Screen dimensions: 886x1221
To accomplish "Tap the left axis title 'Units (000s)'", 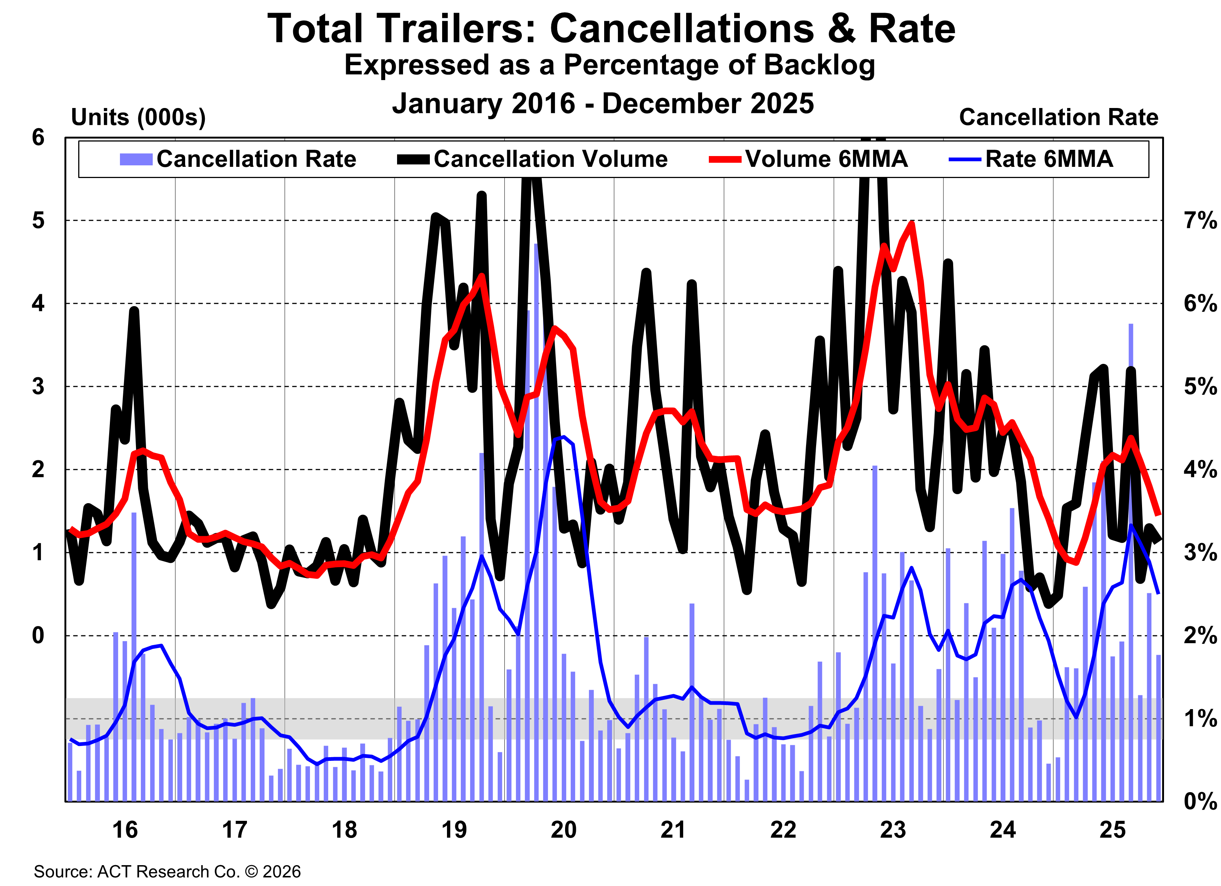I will pyautogui.click(x=138, y=117).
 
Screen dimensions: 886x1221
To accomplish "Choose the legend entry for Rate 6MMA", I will pyautogui.click(x=1048, y=159).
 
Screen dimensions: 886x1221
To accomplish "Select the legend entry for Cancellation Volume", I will pyautogui.click(x=550, y=159).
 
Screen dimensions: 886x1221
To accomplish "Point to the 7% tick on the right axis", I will pyautogui.click(x=1199, y=221).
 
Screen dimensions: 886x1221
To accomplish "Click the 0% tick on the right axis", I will pyautogui.click(x=1199, y=801).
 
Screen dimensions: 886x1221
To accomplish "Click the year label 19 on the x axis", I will pyautogui.click(x=454, y=829).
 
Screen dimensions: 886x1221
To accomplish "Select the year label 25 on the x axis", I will pyautogui.click(x=1112, y=829).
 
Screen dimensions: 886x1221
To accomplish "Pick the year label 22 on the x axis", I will pyautogui.click(x=783, y=829).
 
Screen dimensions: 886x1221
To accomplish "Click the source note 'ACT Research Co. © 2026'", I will pyautogui.click(x=199, y=871).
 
